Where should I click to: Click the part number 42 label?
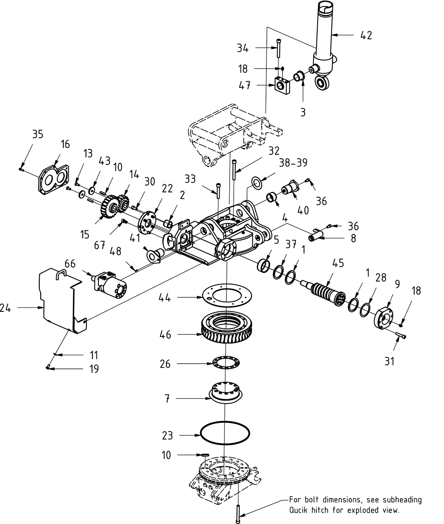click(x=366, y=35)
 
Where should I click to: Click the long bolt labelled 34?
click(x=279, y=48)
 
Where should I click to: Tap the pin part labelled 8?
click(x=318, y=235)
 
